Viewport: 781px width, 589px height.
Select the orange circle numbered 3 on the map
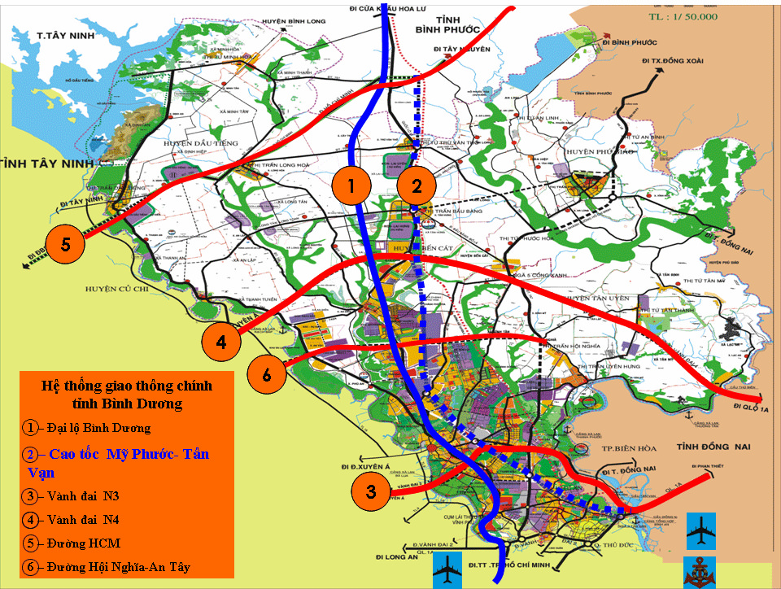[371, 491]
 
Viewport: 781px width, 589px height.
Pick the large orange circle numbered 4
[221, 342]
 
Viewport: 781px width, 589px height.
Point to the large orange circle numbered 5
[64, 243]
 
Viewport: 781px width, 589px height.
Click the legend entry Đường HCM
[73, 543]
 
